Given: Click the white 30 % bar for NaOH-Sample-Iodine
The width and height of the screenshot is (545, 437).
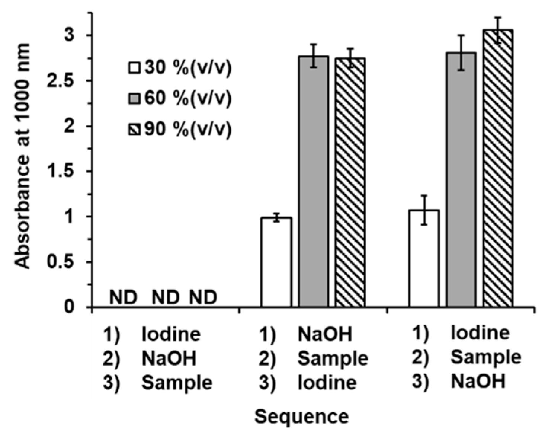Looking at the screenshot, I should [x=276, y=262].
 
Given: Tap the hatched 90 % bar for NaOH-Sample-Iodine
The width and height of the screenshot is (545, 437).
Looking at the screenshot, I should [x=350, y=182].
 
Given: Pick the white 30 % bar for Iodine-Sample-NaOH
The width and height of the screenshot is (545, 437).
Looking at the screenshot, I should [x=424, y=259].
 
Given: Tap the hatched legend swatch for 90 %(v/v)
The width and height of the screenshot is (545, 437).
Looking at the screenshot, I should [x=134, y=130].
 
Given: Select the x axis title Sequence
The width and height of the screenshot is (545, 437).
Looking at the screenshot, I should [x=302, y=417].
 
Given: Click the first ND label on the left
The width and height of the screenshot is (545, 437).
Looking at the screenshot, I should [x=124, y=297].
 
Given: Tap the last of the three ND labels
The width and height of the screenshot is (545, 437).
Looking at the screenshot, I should [x=203, y=297].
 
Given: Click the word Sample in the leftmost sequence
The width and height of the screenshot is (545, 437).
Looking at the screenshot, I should [x=177, y=383].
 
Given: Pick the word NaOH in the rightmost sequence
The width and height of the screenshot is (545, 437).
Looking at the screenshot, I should [x=478, y=382].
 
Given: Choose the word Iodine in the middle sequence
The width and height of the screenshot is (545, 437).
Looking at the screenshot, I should [x=327, y=383].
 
